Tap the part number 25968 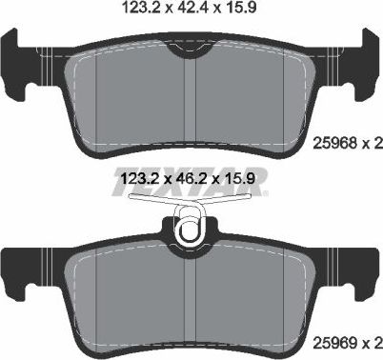333,145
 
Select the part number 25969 333,340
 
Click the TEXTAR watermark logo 191,180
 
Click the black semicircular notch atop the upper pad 192,53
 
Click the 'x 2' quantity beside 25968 371,145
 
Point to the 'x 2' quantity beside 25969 371,340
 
